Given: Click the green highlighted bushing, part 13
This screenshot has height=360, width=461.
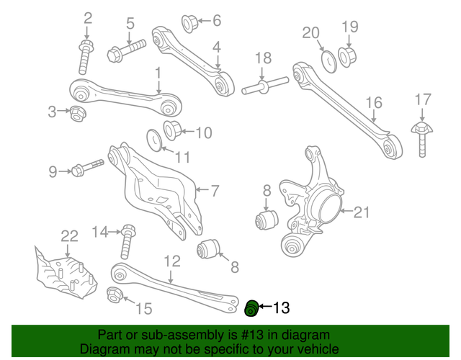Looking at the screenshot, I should point(251,308).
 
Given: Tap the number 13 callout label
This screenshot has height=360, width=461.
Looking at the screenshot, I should point(279,308).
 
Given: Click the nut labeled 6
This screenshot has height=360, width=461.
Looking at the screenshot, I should point(190,23).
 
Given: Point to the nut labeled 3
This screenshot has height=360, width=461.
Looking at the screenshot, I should point(77,112).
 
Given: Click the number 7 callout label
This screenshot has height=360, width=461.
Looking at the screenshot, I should point(214,191).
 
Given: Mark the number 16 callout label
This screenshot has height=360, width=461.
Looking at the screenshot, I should point(372,104).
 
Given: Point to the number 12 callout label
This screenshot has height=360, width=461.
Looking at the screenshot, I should point(171,261).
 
